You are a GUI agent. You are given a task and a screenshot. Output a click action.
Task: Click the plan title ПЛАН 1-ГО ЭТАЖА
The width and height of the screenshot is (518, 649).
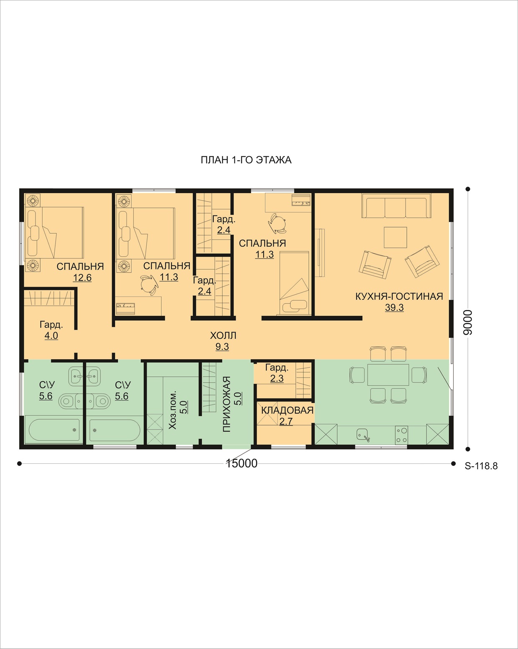[x=246, y=160]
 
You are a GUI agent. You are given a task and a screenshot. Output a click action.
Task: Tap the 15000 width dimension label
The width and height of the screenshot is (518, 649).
[x=241, y=463]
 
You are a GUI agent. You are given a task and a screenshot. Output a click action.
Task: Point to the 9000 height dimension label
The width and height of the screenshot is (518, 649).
[x=468, y=322]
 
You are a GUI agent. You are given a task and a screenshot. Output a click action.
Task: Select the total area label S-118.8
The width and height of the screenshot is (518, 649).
[x=481, y=466]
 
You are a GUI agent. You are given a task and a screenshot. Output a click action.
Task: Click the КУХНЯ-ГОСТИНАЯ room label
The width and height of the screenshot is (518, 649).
[x=399, y=296]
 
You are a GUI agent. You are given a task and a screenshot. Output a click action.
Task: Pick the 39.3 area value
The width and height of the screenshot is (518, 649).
[x=394, y=308]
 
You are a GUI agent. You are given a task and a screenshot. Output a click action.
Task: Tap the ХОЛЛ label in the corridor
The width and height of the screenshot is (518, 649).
[x=223, y=335]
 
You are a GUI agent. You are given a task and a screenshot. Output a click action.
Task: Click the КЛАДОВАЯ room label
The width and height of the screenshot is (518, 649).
[x=287, y=410]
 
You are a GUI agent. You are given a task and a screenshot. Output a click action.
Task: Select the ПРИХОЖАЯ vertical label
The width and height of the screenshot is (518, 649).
[x=226, y=404]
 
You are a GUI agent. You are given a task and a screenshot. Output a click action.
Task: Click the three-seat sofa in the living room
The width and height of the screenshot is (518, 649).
[x=396, y=206]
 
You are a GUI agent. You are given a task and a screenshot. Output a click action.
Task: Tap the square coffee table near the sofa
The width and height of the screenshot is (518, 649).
[x=395, y=238]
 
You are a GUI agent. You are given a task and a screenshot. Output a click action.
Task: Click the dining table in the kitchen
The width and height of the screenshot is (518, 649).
[x=388, y=375]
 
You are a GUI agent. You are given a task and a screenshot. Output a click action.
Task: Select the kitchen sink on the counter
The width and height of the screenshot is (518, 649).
[x=363, y=435]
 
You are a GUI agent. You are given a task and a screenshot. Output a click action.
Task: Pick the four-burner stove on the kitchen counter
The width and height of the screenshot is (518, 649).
[x=401, y=435]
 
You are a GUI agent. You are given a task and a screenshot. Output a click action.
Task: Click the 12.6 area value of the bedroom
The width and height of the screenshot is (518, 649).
[x=82, y=278]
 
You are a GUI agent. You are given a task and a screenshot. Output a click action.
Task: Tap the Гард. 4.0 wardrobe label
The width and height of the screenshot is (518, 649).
[x=51, y=330]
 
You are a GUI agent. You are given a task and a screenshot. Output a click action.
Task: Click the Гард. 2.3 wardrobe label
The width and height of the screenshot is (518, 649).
[x=277, y=373]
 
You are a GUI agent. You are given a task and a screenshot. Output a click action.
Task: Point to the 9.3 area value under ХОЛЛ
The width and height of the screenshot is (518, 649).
[x=222, y=347]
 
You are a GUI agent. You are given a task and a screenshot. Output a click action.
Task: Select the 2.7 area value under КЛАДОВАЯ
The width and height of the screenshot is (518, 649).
[x=286, y=422]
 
